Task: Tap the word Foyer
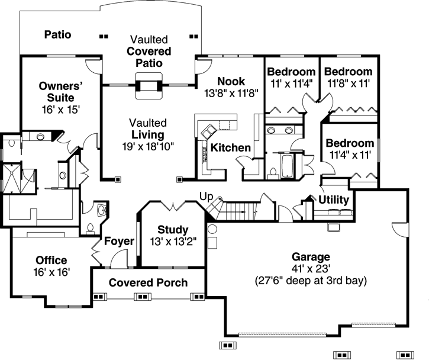[120, 241]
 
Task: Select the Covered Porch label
[148, 282]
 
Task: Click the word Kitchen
[231, 147]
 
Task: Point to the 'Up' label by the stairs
[205, 196]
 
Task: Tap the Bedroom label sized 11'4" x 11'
[350, 143]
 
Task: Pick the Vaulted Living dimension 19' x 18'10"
[148, 146]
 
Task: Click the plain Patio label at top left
[58, 35]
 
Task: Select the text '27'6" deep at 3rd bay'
[310, 280]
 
